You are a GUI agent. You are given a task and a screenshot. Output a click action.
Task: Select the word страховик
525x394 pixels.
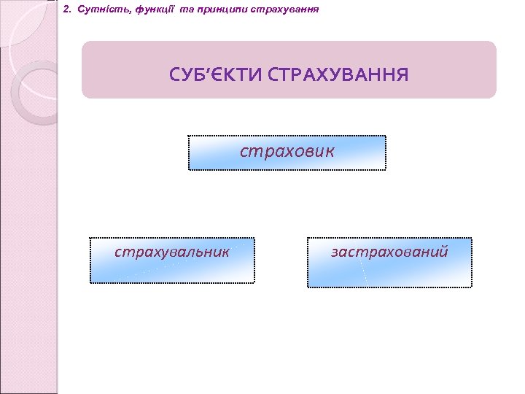(x=287, y=151)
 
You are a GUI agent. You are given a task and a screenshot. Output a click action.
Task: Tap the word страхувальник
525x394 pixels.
(x=172, y=252)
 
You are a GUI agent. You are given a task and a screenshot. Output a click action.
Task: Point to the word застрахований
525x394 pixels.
(x=389, y=252)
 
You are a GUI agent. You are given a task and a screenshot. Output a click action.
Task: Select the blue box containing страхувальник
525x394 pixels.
(x=172, y=270)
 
